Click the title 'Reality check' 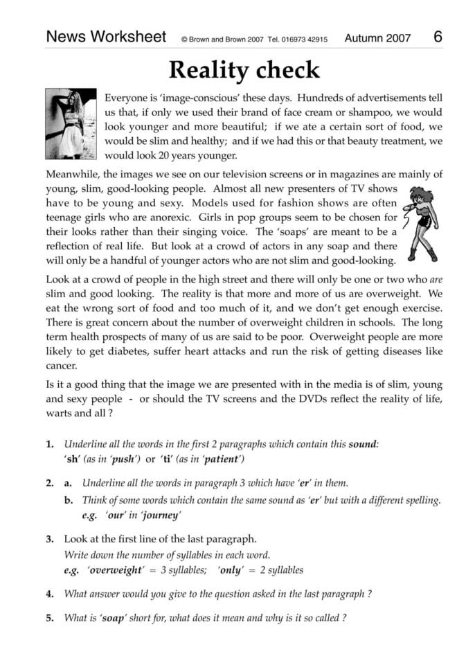[244, 71]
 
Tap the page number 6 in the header [438, 37]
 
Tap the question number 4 [50, 593]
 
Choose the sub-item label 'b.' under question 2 [69, 499]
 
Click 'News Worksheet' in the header [106, 37]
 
